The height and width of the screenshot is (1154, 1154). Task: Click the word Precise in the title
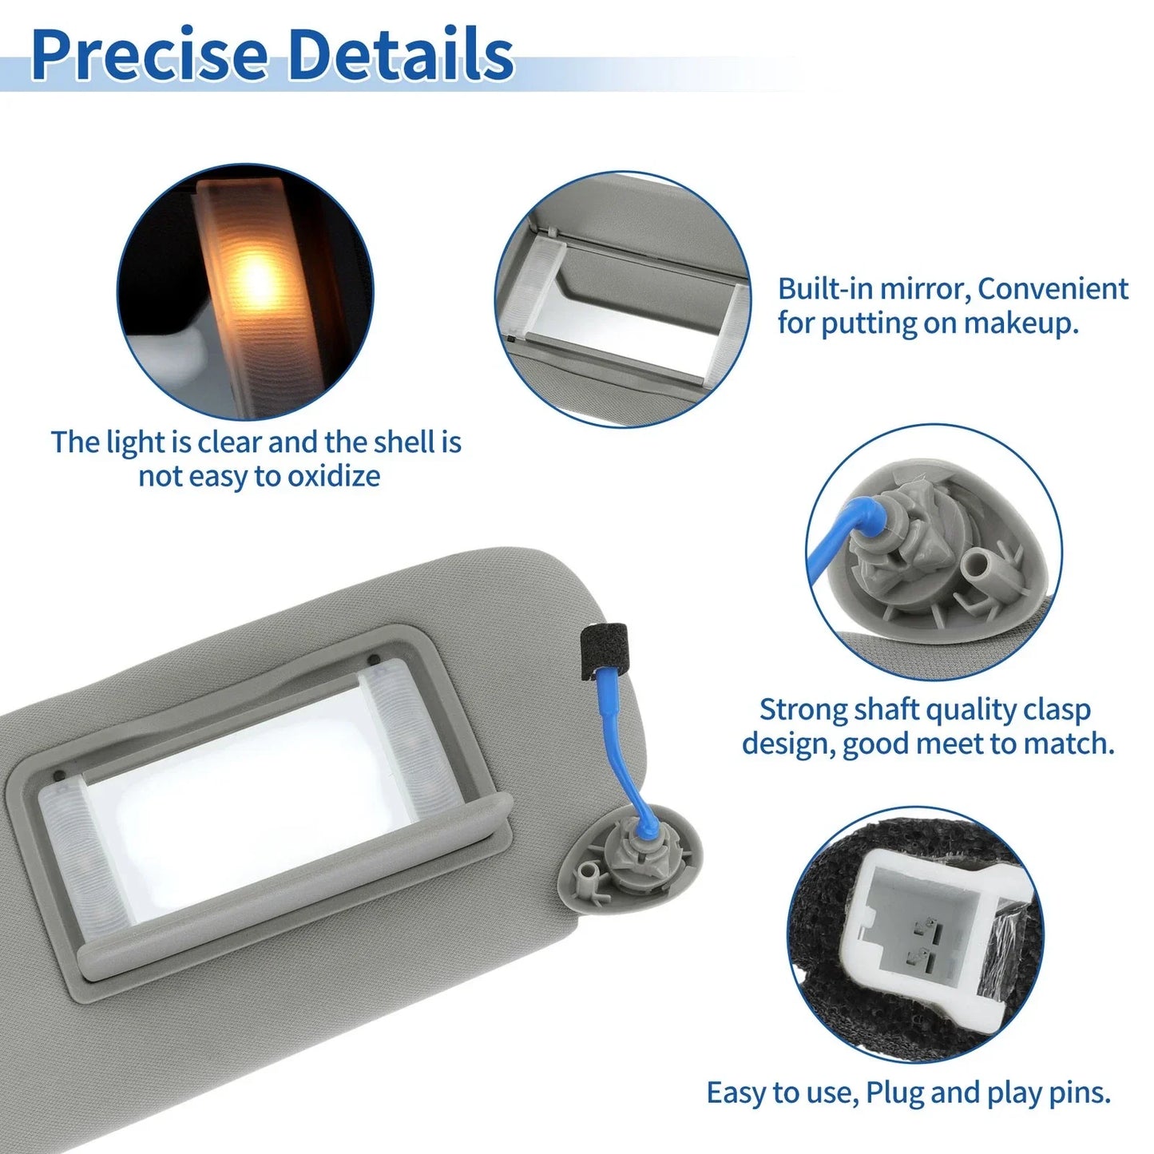point(149,54)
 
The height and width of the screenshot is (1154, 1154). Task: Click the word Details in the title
point(402,54)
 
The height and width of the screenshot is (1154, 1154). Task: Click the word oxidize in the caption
point(334,476)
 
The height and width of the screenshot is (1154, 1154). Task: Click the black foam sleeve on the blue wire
point(605,652)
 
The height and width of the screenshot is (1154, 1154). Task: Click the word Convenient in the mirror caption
point(1053,288)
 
